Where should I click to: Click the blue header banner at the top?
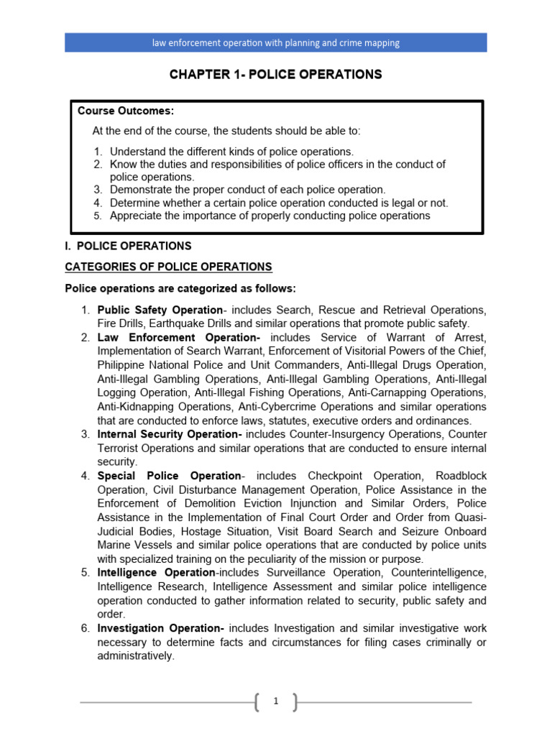(x=276, y=42)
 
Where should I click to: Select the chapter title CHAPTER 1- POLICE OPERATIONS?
(x=275, y=75)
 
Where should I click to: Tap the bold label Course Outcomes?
(x=126, y=111)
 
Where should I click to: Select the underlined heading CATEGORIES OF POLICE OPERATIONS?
(x=168, y=267)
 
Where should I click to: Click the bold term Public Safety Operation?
(x=160, y=310)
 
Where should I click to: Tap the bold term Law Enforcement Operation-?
(x=178, y=337)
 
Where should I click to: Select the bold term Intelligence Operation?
(x=156, y=573)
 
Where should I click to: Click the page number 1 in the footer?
(x=275, y=702)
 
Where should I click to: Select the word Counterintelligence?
(x=437, y=573)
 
